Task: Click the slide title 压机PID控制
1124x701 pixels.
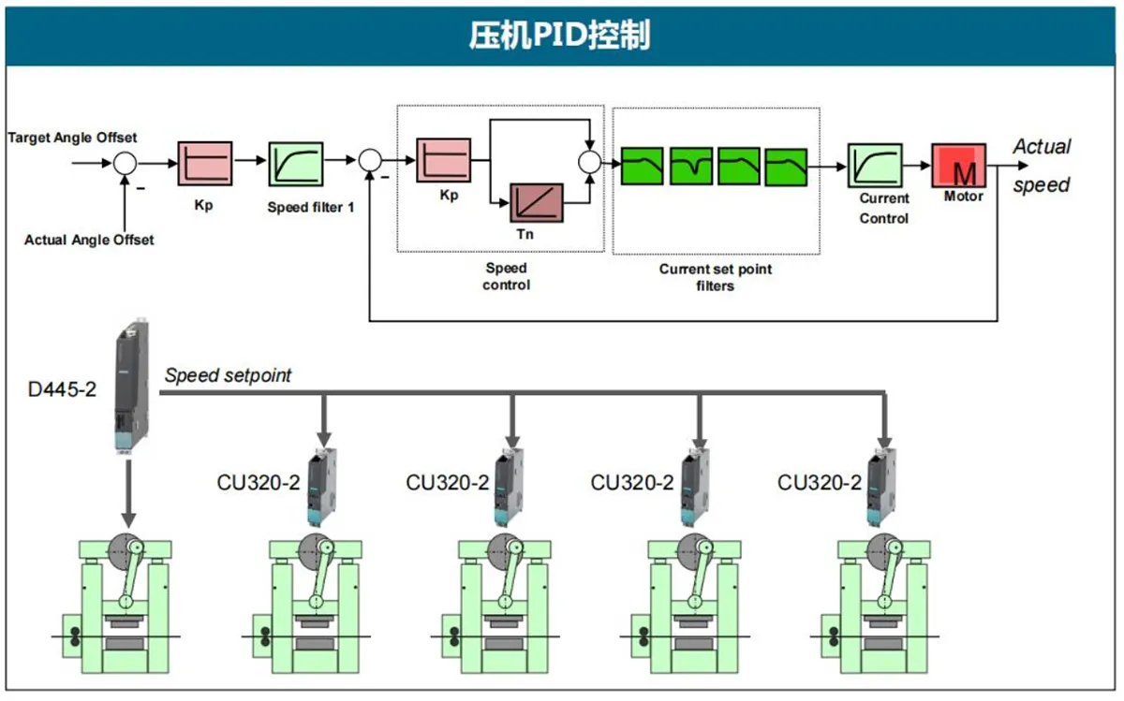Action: click(560, 36)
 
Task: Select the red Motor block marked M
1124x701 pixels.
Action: click(958, 166)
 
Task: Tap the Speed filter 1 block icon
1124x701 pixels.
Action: click(296, 166)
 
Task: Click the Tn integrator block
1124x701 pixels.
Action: click(536, 203)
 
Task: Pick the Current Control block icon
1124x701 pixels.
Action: click(874, 166)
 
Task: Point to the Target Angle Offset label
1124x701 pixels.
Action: click(72, 138)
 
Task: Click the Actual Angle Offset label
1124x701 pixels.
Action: click(89, 240)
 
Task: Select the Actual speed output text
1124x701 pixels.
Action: click(1042, 166)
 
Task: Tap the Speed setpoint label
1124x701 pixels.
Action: click(228, 376)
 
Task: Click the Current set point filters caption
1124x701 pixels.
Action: click(715, 277)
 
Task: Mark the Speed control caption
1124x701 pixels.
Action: click(506, 276)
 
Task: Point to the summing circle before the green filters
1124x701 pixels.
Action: click(588, 162)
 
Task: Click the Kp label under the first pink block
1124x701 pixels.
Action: click(203, 203)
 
